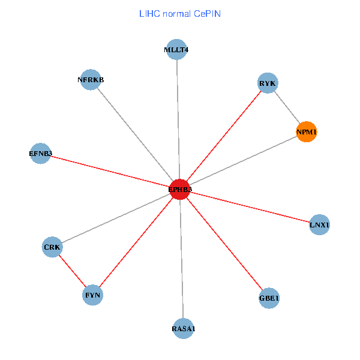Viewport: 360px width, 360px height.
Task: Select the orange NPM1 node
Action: click(x=306, y=131)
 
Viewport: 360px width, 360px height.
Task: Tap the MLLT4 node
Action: click(x=176, y=50)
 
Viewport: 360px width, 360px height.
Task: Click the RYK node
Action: click(x=268, y=83)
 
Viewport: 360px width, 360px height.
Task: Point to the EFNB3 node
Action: click(x=40, y=154)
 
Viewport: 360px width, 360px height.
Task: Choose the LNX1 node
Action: click(x=319, y=225)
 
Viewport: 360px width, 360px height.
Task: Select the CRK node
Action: click(x=52, y=247)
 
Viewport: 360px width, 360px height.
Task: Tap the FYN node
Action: click(x=93, y=295)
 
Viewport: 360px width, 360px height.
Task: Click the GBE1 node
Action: click(x=269, y=298)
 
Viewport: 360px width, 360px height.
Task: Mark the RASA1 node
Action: click(x=183, y=328)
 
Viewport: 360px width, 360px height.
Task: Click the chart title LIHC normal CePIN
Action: click(x=179, y=13)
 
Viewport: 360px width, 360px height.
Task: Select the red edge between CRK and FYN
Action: click(x=73, y=271)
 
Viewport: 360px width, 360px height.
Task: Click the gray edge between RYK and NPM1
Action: click(x=287, y=107)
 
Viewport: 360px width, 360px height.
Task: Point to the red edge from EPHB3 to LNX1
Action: click(x=250, y=208)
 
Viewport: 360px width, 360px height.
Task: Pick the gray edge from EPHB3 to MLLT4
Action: click(x=178, y=120)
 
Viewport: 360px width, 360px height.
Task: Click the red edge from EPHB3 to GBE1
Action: click(x=224, y=244)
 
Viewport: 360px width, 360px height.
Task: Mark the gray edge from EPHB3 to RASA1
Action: click(x=181, y=259)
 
